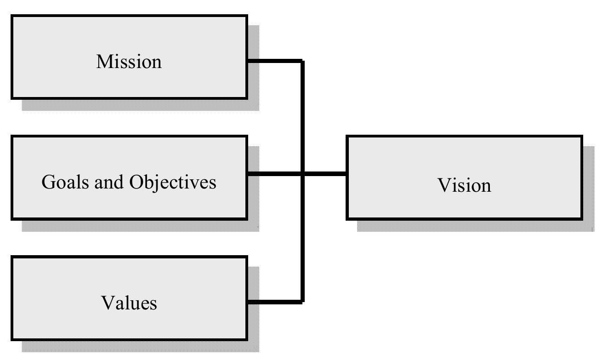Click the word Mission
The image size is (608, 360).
[129, 62]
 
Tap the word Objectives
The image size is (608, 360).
[172, 183]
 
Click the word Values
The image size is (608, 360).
[129, 303]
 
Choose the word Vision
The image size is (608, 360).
[464, 185]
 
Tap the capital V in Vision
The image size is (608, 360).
[443, 185]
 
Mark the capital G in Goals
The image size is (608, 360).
[48, 182]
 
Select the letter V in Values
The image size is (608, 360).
[107, 303]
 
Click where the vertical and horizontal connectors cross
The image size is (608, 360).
[302, 174]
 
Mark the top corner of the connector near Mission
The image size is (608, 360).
[302, 61]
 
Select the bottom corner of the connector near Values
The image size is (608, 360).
[302, 302]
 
